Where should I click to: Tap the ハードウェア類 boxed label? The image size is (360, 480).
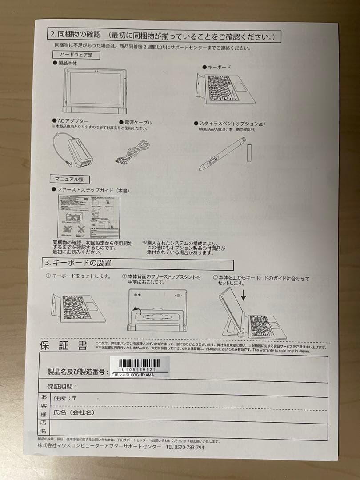click(74, 55)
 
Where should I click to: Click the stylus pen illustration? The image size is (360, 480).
click(222, 153)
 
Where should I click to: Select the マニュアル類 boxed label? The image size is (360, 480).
click(69, 180)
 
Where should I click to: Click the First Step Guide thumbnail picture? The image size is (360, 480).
click(88, 216)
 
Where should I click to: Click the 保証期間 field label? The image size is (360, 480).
click(62, 387)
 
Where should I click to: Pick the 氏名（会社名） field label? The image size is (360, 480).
click(74, 413)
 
